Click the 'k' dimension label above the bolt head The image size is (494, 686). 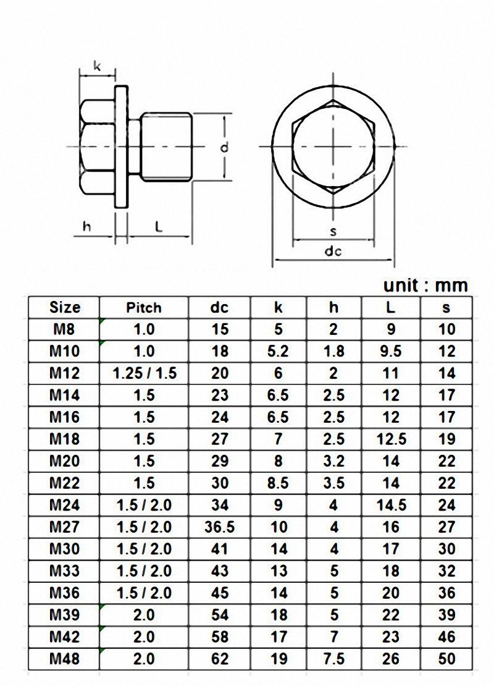point(97,65)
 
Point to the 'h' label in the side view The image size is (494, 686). point(87,227)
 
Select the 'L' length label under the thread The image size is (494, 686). point(159,227)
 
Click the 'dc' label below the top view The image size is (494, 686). point(333,251)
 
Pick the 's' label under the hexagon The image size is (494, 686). point(333,231)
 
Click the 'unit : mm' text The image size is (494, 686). point(425,286)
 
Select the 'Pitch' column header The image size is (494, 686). point(144,307)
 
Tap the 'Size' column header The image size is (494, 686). point(64,307)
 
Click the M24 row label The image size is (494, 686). point(64,505)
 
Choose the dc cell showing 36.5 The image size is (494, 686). point(219,527)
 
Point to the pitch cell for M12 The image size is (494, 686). point(144,373)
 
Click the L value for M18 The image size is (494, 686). point(390,439)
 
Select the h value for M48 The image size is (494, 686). point(333,659)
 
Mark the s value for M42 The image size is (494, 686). point(446,637)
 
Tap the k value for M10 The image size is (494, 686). point(278,352)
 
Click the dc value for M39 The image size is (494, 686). point(219,615)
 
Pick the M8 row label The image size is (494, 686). point(64,329)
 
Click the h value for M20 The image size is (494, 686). point(333,461)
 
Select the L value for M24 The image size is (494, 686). point(390,505)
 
